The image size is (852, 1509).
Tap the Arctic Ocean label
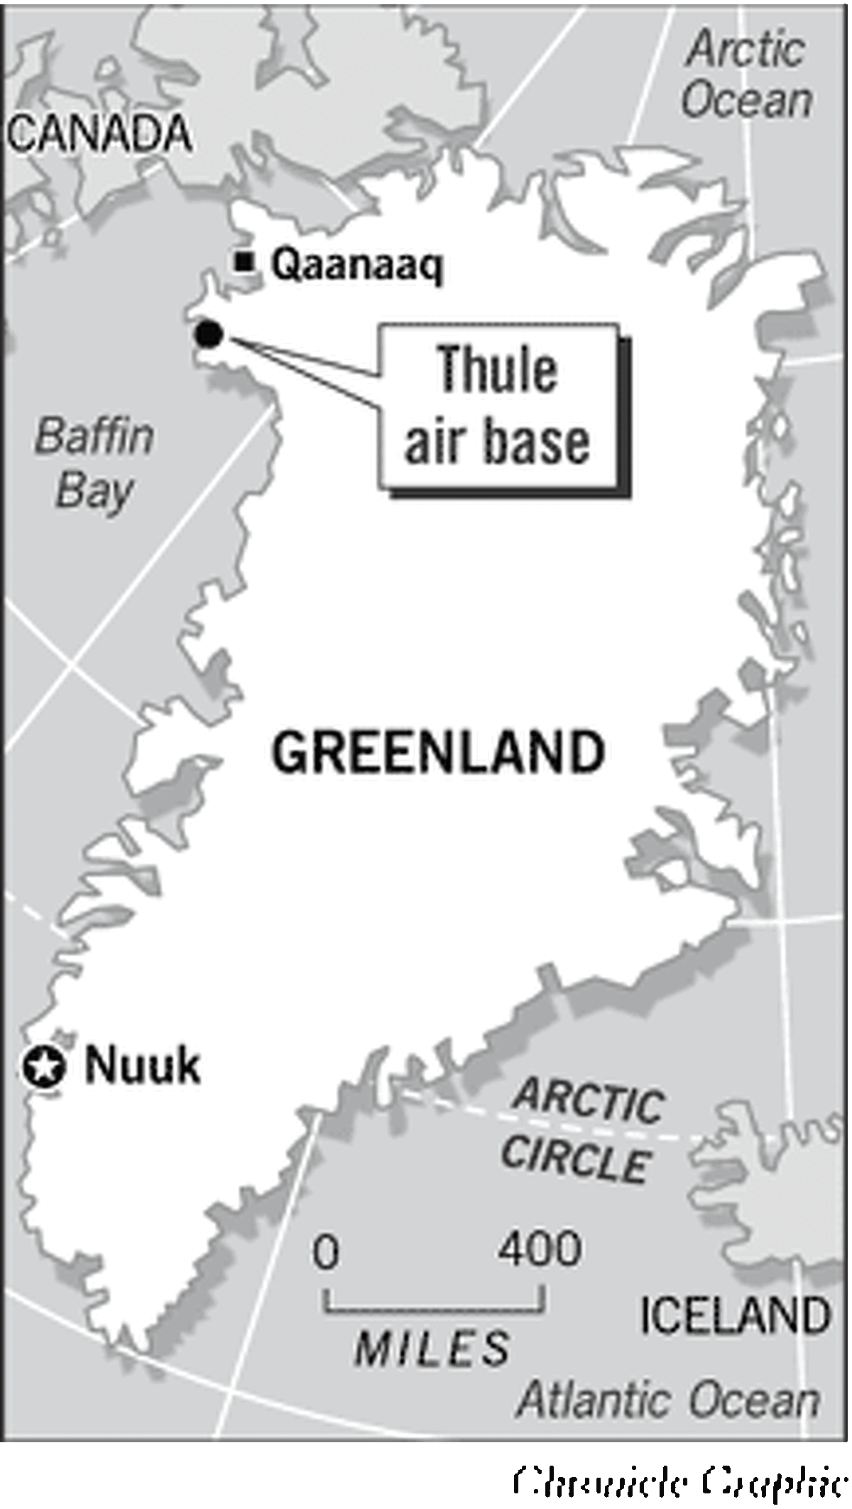[x=747, y=75]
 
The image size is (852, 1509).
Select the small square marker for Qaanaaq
[x=245, y=262]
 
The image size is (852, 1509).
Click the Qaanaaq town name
[x=357, y=265]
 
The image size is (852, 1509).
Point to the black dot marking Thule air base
[x=209, y=334]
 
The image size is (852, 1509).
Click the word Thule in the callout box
[x=497, y=369]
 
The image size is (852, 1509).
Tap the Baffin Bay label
[x=94, y=463]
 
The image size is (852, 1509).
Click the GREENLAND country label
[x=438, y=753]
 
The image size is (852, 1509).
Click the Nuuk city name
[x=142, y=1066]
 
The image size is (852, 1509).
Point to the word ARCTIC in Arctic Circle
[x=589, y=1102]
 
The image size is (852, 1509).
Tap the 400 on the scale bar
[x=540, y=1248]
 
